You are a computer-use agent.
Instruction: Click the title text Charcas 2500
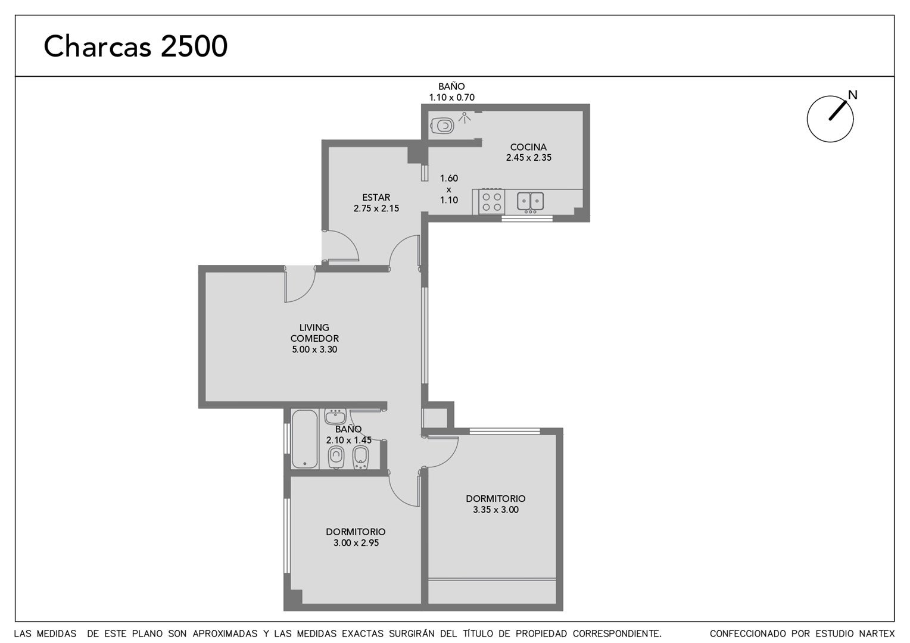pos(135,46)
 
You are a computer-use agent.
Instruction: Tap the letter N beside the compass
pos(853,95)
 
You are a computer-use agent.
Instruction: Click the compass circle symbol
pos(830,119)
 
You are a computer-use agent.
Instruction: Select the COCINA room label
pos(528,146)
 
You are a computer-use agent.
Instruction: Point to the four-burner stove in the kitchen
pos(491,202)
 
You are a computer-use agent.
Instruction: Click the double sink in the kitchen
pos(530,201)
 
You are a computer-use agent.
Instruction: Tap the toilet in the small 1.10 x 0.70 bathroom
pos(442,126)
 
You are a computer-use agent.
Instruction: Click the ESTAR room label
pos(376,198)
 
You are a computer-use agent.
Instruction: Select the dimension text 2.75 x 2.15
pos(376,208)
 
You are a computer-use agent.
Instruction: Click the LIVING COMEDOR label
pos(314,333)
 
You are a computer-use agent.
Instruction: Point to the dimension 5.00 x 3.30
pos(314,349)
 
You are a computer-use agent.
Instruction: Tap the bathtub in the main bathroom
pos(305,439)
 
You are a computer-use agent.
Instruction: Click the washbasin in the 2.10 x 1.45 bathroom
pos(335,416)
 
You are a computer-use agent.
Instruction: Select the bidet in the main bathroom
pos(360,457)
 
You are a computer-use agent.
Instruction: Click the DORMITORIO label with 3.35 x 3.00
pos(495,498)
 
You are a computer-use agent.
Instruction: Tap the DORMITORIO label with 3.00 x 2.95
pos(356,532)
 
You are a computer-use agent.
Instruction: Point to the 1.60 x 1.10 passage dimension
pos(449,189)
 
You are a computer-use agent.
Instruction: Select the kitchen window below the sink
pos(527,219)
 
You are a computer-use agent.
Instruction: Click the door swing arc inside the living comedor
pos(306,289)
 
